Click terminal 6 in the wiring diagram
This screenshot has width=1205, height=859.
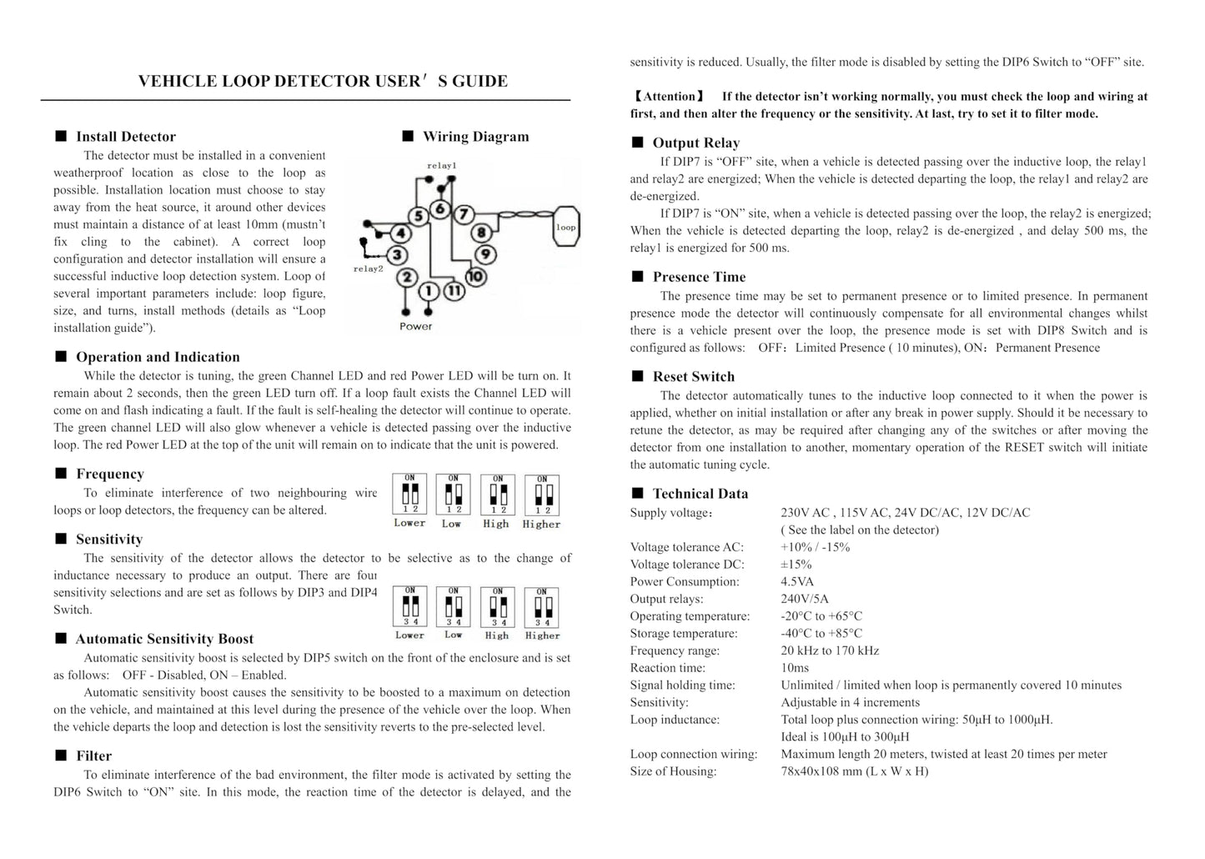coord(441,208)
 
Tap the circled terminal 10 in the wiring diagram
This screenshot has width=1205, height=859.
coord(475,276)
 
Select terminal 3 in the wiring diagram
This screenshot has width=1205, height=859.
coord(398,254)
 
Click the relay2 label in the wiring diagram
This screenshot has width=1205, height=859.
coord(368,269)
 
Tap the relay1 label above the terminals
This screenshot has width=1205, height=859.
coord(441,166)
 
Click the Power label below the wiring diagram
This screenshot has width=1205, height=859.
coord(415,326)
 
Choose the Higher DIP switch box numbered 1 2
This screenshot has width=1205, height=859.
coord(542,495)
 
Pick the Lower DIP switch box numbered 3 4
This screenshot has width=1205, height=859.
coord(410,607)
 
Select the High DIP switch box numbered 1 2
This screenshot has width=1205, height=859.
coord(497,495)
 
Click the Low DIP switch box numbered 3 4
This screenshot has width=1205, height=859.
coord(453,607)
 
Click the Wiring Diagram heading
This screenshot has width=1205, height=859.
coord(475,137)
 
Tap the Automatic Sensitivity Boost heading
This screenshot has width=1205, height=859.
coord(164,639)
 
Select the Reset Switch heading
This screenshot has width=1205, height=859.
coord(694,377)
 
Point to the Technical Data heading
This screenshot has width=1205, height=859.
coord(700,494)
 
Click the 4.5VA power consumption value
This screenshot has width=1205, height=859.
coord(797,581)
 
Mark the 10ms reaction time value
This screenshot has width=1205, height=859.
coord(795,668)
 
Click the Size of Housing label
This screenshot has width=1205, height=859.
coord(673,771)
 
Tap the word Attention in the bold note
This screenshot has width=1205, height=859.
coord(670,97)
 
